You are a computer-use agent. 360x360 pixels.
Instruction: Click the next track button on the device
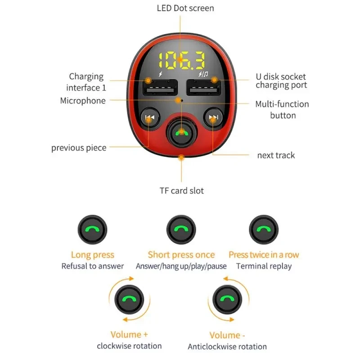(213, 118)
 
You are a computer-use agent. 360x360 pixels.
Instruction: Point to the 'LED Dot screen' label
(185, 8)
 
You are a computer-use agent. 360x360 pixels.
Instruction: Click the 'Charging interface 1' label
(86, 82)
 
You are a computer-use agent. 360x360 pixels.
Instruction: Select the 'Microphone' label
(83, 101)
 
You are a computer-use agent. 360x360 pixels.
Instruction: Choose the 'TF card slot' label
(181, 191)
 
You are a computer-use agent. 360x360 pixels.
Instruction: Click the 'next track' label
(276, 155)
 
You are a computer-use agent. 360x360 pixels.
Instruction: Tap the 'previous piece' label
(79, 148)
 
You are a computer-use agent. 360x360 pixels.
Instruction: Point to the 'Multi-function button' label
(282, 109)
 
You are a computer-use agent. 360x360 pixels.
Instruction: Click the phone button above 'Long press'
(92, 229)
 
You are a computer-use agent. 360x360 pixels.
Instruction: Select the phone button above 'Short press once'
(181, 229)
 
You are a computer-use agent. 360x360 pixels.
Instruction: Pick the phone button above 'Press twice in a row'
(264, 229)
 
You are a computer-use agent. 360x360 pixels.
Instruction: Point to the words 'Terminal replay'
(264, 266)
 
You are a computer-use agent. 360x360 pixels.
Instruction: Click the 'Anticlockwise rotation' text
(227, 346)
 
